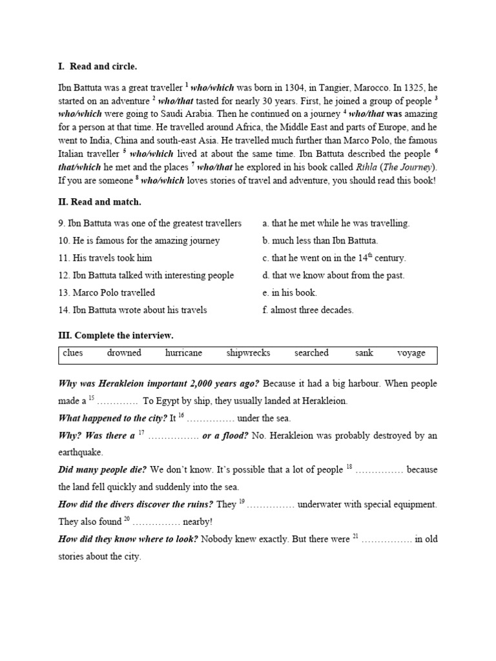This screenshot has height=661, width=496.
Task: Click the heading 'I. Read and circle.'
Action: pyautogui.click(x=98, y=66)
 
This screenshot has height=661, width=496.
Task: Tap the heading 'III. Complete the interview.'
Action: pyautogui.click(x=116, y=336)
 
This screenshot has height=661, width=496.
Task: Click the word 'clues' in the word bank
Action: pyautogui.click(x=73, y=353)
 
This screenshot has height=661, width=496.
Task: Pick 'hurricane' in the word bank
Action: pyautogui.click(x=183, y=353)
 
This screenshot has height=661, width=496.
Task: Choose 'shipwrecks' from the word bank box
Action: pyautogui.click(x=248, y=353)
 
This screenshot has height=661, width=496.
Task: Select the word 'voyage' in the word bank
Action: pyautogui.click(x=411, y=353)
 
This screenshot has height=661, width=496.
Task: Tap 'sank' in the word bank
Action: pyautogui.click(x=364, y=353)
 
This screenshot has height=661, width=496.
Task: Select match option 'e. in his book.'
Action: pyautogui.click(x=289, y=292)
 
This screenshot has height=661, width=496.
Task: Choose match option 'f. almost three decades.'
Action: pyautogui.click(x=308, y=310)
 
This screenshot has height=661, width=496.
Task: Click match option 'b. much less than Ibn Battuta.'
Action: pyautogui.click(x=320, y=241)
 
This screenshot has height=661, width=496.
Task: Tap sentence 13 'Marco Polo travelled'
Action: pyautogui.click(x=107, y=292)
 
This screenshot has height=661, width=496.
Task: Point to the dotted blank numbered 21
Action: pyautogui.click(x=387, y=538)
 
